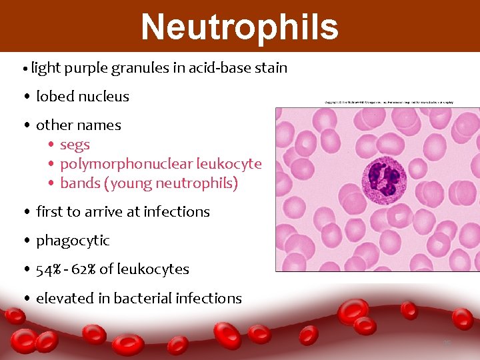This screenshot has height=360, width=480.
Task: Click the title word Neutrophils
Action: pos(239,27)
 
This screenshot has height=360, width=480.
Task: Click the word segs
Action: pos(75,145)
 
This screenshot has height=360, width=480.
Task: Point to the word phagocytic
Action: pos(73,241)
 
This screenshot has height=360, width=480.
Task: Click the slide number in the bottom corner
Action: pos(448,343)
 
